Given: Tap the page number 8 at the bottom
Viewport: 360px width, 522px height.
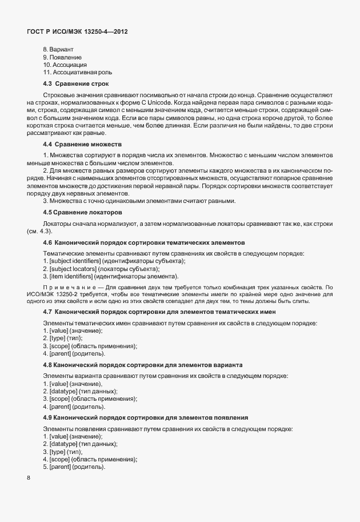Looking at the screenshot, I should pyautogui.click(x=29, y=479).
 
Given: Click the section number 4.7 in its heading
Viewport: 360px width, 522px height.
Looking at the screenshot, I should pyautogui.click(x=48, y=312).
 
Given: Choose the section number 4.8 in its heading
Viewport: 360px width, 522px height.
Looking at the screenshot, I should pyautogui.click(x=48, y=364).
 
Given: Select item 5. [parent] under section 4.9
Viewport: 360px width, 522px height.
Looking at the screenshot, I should pyautogui.click(x=74, y=467).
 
